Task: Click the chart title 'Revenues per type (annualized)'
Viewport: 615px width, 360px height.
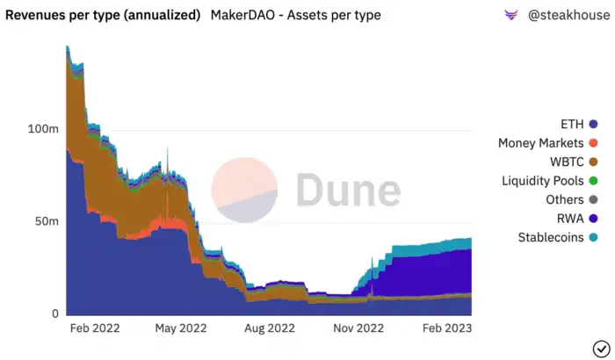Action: [x=103, y=16]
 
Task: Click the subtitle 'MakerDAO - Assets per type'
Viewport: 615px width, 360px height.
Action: [x=295, y=16]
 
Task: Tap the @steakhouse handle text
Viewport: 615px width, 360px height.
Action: [x=568, y=16]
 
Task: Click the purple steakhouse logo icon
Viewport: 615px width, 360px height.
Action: [x=511, y=16]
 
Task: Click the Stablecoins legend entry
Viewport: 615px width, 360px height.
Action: [x=551, y=237]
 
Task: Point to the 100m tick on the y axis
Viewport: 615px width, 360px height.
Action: [x=43, y=129]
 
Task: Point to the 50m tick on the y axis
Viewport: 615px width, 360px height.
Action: [x=47, y=221]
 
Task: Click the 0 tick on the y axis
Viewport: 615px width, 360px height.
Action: [x=55, y=313]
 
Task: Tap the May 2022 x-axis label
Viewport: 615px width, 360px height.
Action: [x=180, y=328]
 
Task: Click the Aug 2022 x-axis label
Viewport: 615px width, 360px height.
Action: [x=270, y=328]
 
